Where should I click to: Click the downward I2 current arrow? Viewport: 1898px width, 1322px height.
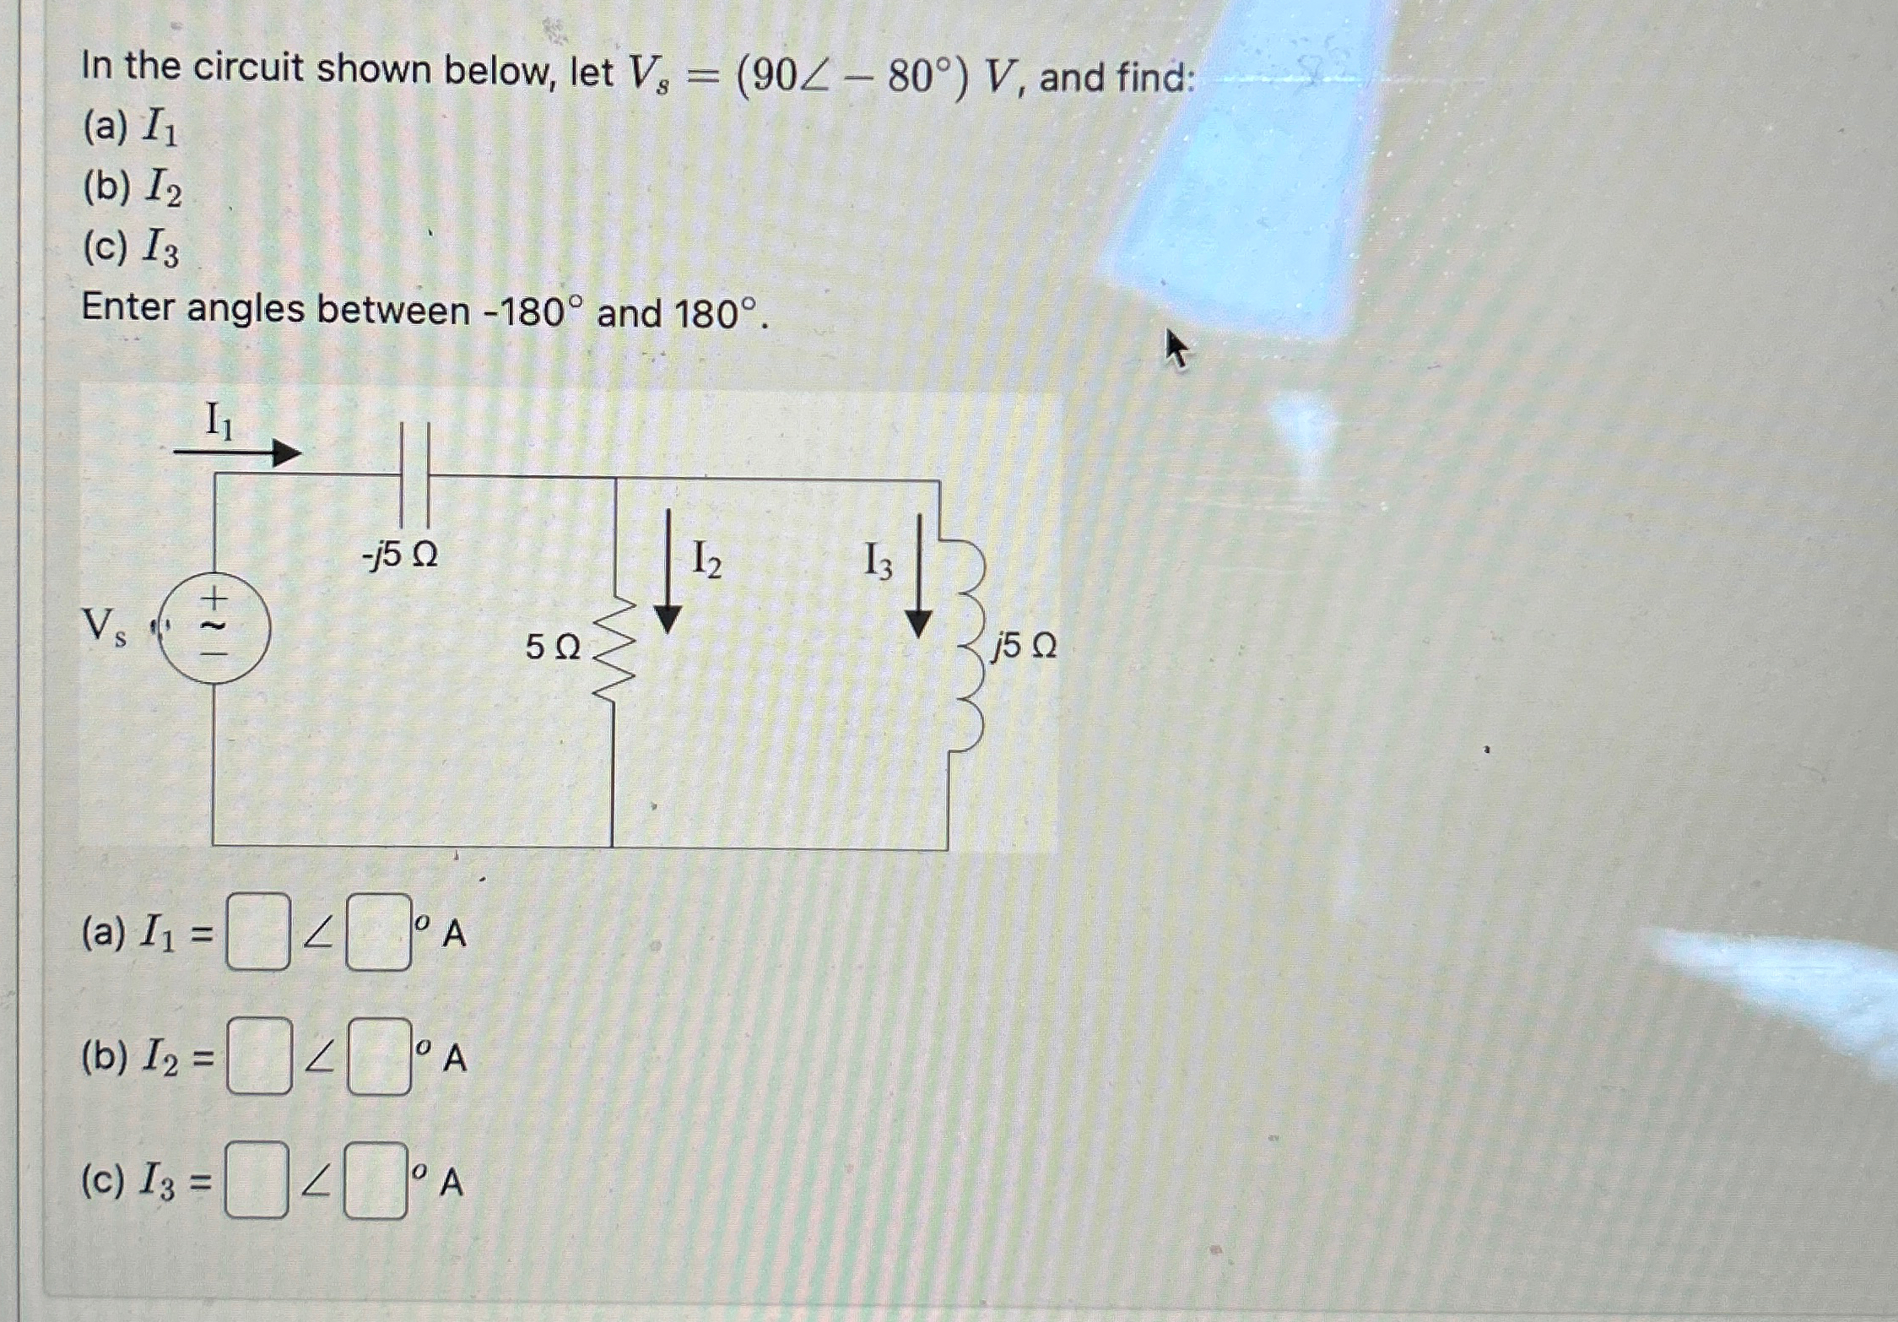(668, 572)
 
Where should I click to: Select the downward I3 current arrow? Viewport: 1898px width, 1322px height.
(918, 577)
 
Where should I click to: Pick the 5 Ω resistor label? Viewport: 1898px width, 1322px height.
(553, 647)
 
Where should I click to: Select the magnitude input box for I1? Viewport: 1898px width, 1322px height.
(258, 932)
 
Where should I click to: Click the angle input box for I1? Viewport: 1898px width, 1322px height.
(378, 932)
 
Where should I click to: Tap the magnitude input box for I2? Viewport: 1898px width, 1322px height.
(259, 1056)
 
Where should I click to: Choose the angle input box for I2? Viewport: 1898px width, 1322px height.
(379, 1056)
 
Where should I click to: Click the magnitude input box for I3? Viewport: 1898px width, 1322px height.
(257, 1179)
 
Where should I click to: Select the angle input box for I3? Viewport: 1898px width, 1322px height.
(376, 1179)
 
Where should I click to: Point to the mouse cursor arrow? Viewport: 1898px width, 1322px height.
(1176, 348)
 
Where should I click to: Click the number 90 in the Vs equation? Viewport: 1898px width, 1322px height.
(767, 79)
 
